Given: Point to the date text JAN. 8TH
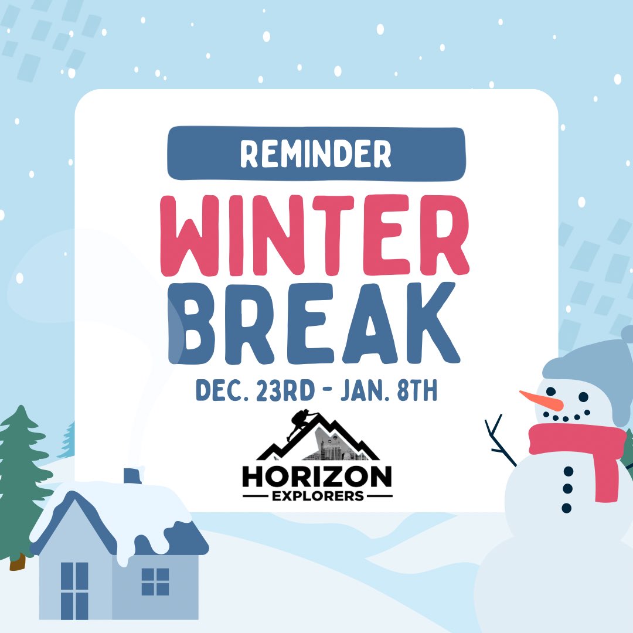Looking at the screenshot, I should click(389, 391).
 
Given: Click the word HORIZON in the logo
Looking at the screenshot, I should click(316, 477).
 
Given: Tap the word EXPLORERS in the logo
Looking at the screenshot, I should click(316, 496).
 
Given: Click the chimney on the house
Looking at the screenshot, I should click(132, 475).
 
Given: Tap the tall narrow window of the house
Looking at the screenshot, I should click(74, 589).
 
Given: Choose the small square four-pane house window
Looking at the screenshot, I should click(155, 581).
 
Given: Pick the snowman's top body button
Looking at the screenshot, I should click(568, 471).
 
